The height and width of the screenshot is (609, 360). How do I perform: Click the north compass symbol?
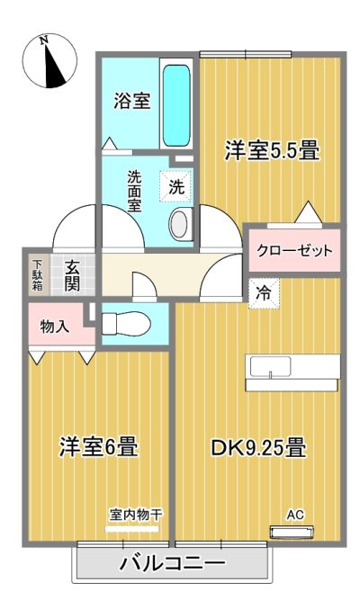click(49, 61)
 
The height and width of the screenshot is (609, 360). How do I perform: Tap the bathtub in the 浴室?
click(176, 105)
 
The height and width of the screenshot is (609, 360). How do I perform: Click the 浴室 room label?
click(131, 102)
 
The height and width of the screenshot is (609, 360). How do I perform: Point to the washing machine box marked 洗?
click(176, 186)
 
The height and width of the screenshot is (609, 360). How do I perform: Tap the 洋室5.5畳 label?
click(272, 150)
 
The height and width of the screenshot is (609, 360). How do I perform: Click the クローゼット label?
click(294, 250)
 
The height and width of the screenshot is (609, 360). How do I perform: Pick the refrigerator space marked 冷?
click(264, 293)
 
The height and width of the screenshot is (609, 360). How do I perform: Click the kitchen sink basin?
click(270, 367)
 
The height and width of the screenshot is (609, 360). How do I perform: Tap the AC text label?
click(295, 515)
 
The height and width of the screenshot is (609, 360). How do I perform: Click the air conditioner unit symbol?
click(292, 533)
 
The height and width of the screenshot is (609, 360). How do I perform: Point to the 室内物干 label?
click(136, 515)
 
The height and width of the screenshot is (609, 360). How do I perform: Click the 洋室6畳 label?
click(98, 447)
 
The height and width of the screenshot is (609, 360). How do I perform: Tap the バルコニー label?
click(172, 563)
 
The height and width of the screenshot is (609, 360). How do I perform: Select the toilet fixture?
click(126, 323)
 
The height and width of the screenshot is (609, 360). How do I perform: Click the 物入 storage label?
click(55, 327)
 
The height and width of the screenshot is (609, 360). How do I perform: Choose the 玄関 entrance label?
click(72, 276)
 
